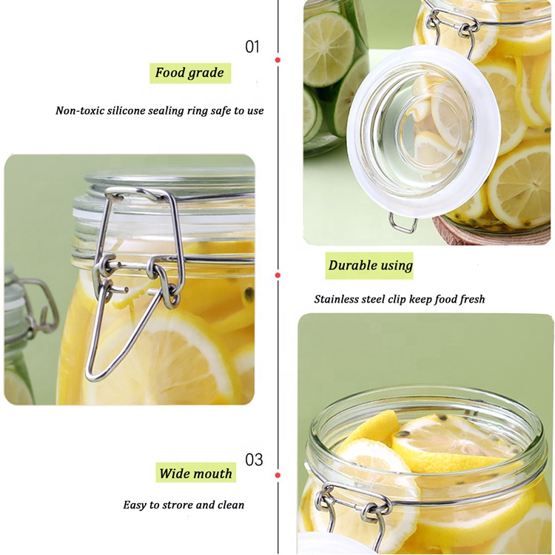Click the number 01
(x=252, y=47)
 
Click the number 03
(x=254, y=460)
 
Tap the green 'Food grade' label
(x=189, y=73)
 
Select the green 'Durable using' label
(x=370, y=265)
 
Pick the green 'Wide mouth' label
(x=195, y=474)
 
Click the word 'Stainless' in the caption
(x=337, y=299)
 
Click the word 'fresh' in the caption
(x=470, y=299)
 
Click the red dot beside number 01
(x=277, y=59)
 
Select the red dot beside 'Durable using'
(x=277, y=275)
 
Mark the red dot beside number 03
(x=277, y=474)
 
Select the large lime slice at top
(x=329, y=49)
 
